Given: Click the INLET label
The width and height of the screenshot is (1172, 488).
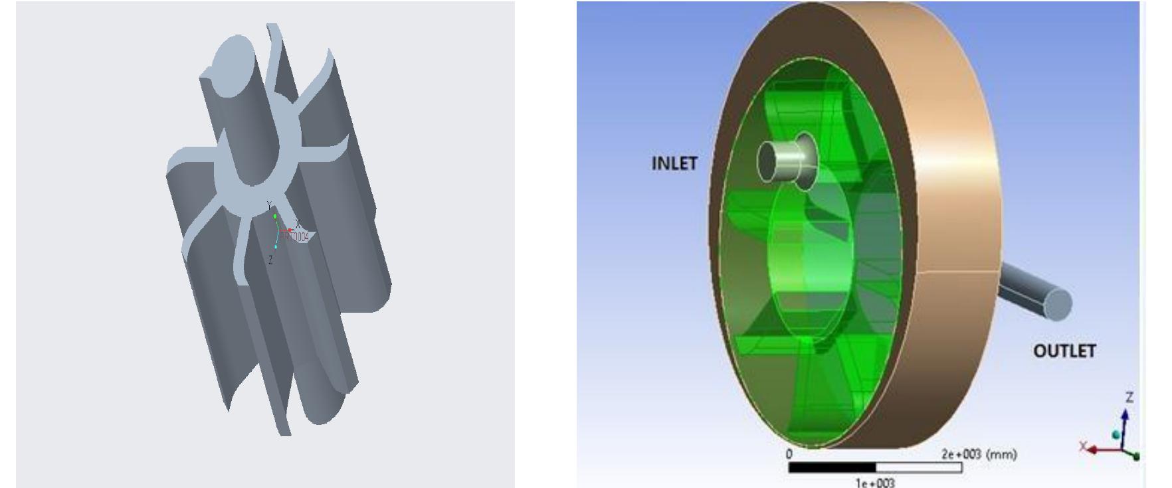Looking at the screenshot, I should tap(674, 163).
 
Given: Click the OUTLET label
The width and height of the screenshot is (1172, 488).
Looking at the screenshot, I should tap(1064, 351).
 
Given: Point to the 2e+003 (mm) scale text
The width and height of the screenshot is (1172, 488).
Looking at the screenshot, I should tap(979, 455).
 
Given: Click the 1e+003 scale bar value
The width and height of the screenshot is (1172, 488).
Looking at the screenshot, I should tap(874, 483).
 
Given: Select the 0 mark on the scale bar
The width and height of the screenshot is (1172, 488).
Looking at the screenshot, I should tap(789, 455).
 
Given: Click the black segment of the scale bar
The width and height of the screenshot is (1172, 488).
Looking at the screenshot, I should tap(831, 468).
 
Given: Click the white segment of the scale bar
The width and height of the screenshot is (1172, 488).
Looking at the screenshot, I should tap(918, 468).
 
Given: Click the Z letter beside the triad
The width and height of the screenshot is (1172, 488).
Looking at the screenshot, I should tap(1129, 398).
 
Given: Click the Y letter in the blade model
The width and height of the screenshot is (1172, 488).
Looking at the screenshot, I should tap(269, 205).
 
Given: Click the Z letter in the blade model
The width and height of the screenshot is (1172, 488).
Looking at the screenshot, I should tap(270, 261).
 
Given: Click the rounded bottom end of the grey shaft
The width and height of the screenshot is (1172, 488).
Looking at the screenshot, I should tap(326, 405).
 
